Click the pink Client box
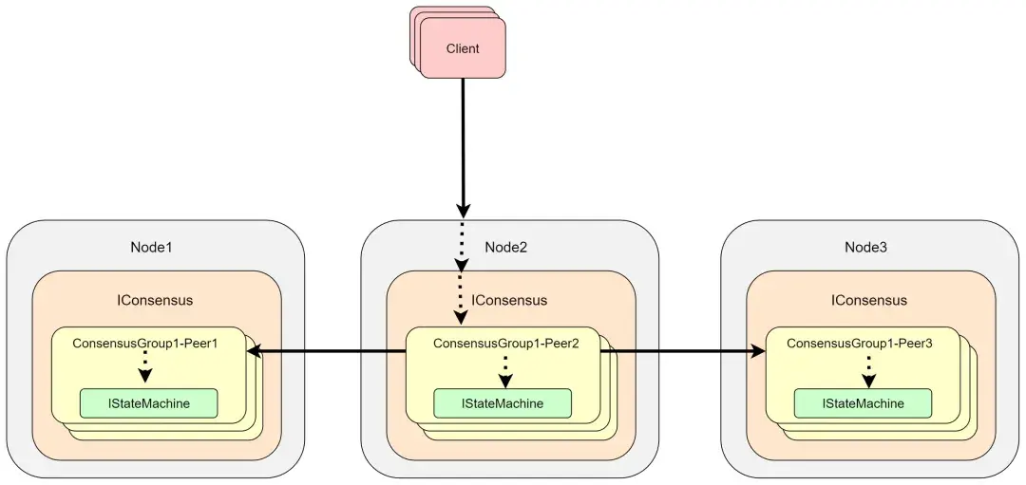tap(463, 48)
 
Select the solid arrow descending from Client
tap(463, 142)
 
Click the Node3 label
tap(865, 247)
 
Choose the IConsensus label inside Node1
tap(155, 300)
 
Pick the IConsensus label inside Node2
tap(509, 300)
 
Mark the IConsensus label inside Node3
tap(868, 300)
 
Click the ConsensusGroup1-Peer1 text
tap(145, 344)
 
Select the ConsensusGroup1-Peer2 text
tap(505, 344)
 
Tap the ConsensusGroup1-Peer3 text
tap(860, 344)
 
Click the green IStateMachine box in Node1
tap(148, 403)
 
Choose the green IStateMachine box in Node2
tap(503, 403)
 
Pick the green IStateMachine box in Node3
tap(863, 403)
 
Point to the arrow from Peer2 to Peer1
tap(328, 352)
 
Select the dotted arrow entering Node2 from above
tap(462, 270)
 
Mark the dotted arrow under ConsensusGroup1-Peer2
tap(505, 370)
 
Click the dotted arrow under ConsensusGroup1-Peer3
tap(867, 370)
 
